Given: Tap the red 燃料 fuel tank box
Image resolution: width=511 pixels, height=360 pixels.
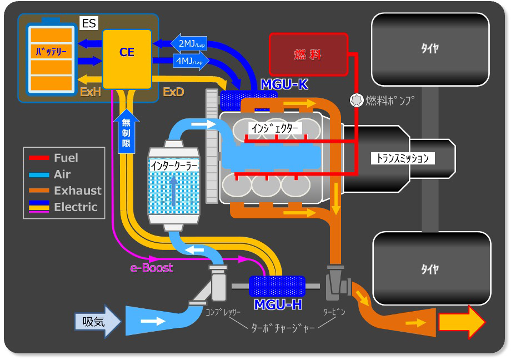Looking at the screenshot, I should click(x=308, y=54).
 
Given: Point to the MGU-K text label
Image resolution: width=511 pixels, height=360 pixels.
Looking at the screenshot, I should click(x=284, y=84).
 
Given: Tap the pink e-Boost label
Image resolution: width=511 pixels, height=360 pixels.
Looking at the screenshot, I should click(x=152, y=268).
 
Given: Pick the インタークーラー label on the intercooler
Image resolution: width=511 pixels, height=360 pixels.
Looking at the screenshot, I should click(x=174, y=166).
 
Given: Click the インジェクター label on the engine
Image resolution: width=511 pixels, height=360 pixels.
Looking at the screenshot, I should click(x=275, y=128).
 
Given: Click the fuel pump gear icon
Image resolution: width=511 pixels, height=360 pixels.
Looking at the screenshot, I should click(x=356, y=101).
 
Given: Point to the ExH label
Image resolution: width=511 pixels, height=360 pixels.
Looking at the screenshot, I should click(x=91, y=92).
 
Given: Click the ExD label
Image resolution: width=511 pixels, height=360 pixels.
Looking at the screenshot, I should click(x=173, y=92).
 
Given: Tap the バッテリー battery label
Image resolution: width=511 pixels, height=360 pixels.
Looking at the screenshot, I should click(x=51, y=51).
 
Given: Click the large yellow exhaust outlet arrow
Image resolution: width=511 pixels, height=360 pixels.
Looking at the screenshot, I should click(x=462, y=322).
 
